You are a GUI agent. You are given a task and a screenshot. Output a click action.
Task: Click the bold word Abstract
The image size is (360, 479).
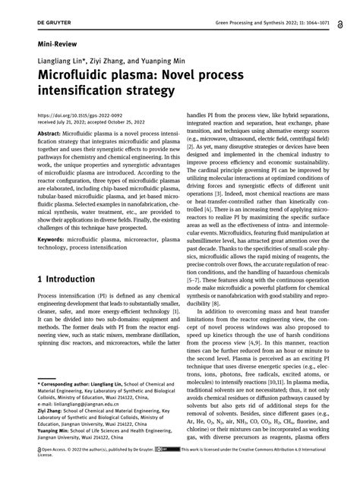pos(49,132)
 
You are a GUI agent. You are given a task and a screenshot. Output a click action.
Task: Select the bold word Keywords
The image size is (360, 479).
pos(51,239)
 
